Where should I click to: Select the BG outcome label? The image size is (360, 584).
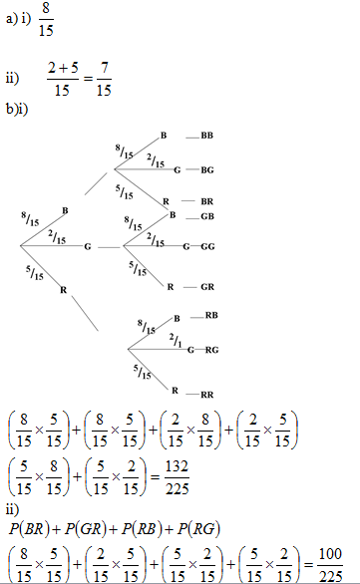[207, 170]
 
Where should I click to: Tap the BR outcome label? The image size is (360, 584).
[207, 201]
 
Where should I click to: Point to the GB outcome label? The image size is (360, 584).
[208, 216]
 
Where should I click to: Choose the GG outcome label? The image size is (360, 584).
[207, 247]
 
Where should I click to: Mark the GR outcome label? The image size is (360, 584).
[207, 287]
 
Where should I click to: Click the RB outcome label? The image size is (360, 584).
[210, 316]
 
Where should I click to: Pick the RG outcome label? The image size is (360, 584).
[211, 350]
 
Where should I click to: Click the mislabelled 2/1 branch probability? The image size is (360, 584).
[176, 342]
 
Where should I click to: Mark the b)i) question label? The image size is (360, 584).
[17, 108]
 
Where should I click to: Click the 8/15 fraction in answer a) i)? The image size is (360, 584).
[49, 21]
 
